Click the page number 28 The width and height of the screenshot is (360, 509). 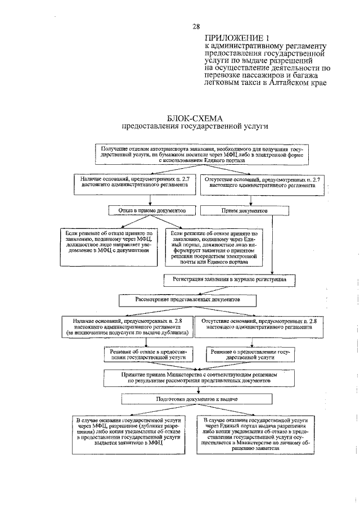[x=196, y=26]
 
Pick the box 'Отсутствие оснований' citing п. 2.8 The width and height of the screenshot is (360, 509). [x=258, y=323]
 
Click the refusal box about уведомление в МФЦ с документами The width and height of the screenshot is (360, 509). [x=110, y=241]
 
